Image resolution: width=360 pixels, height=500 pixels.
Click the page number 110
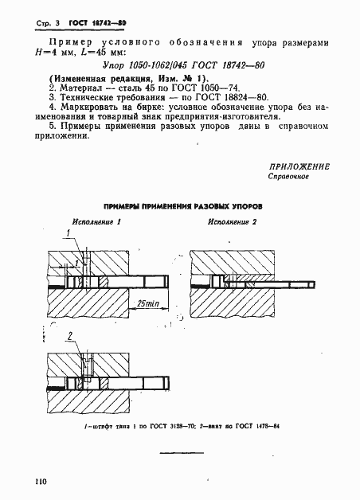41,481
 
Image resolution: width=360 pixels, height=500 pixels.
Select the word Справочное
288,177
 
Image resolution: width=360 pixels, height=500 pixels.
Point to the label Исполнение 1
97,222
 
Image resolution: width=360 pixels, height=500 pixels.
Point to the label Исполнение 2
232,222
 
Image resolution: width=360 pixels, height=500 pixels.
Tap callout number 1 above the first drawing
69,232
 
